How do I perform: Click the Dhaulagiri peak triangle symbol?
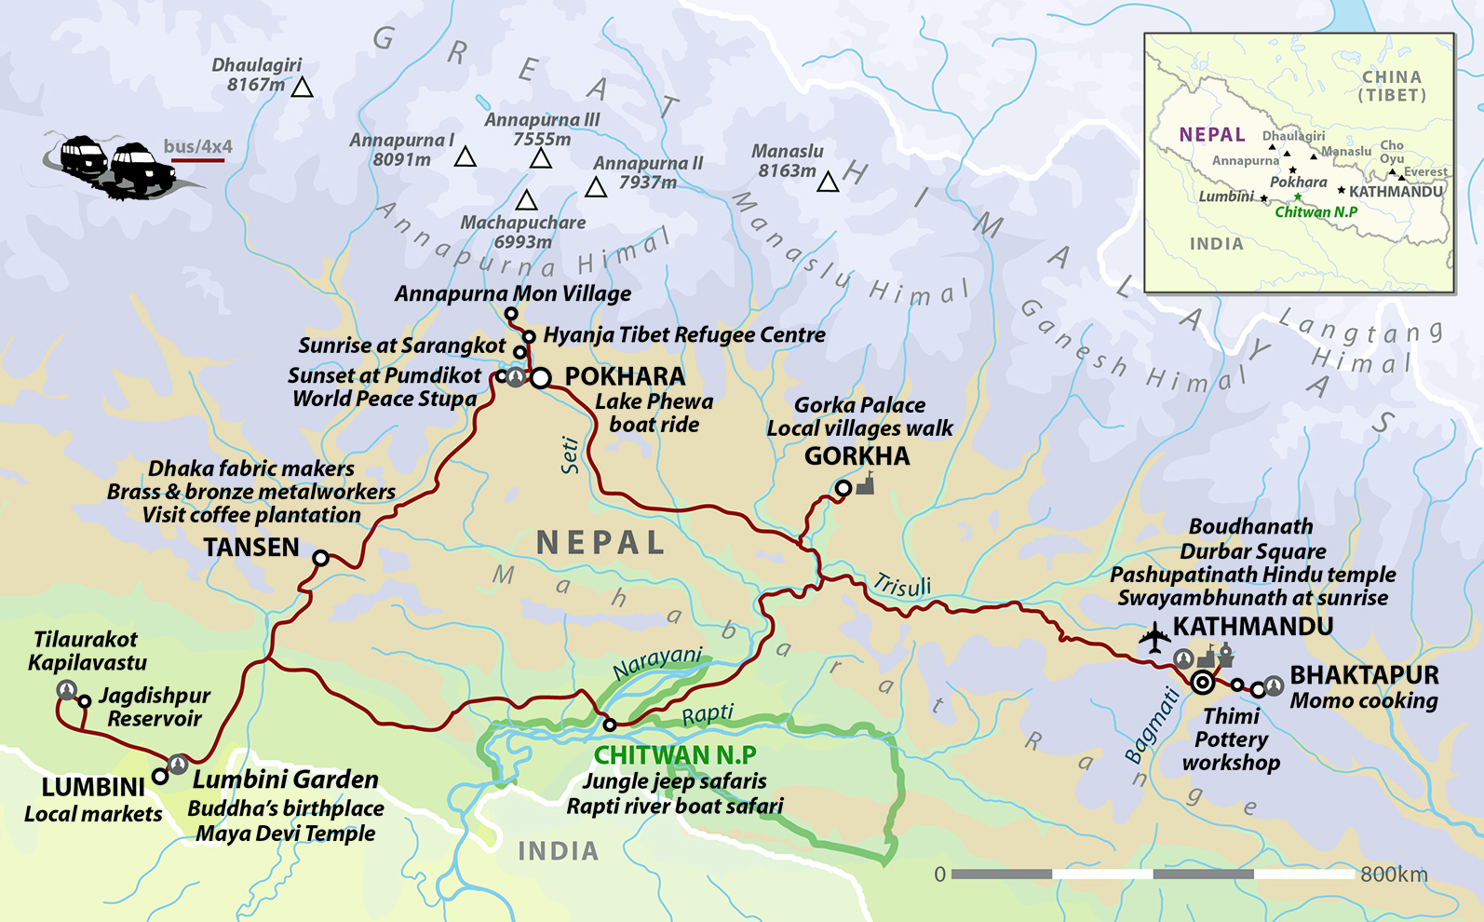(x=302, y=88)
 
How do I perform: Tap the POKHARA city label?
(x=625, y=376)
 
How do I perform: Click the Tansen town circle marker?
(x=320, y=558)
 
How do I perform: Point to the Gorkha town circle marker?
(x=843, y=488)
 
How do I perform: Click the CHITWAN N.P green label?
(x=675, y=754)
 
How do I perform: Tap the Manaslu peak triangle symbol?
(x=828, y=183)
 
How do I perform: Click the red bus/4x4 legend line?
(x=197, y=161)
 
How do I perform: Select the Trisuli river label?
(x=902, y=586)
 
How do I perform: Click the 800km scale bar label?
(x=1393, y=875)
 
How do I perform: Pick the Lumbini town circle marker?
(x=160, y=776)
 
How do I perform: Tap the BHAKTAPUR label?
(x=1364, y=675)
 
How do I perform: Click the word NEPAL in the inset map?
(x=1211, y=135)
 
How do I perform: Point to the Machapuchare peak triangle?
(x=526, y=200)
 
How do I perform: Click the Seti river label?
(x=570, y=455)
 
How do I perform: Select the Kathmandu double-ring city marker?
(x=1202, y=683)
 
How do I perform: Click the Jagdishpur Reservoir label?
(x=154, y=707)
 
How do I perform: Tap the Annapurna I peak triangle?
(x=465, y=157)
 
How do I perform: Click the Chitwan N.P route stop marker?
(x=609, y=724)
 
